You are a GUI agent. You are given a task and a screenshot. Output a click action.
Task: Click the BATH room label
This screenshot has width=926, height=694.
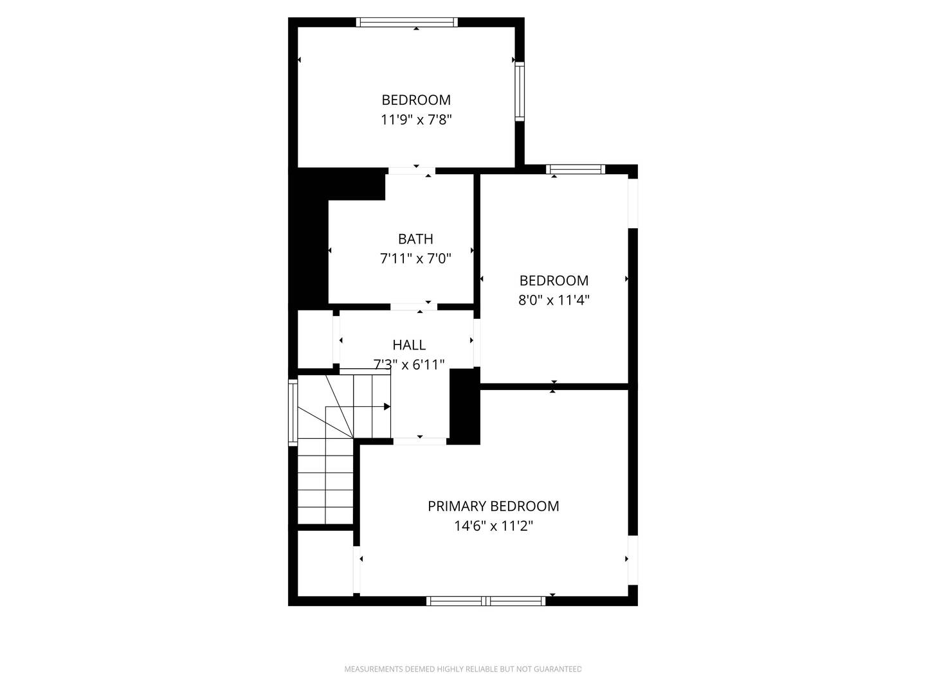[415, 239]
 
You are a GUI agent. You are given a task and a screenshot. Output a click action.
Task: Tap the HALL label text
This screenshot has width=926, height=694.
[409, 345]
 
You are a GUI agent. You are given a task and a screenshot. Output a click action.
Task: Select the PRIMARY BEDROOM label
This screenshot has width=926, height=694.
[493, 506]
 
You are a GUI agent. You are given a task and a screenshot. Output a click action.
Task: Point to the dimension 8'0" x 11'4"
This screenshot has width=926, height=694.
[554, 300]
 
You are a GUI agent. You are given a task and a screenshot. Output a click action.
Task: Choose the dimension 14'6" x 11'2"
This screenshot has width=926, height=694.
[493, 526]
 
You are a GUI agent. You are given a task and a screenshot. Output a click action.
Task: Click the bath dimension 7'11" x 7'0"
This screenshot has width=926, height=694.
[415, 259]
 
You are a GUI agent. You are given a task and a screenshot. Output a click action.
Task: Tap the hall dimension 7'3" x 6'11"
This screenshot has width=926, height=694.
[409, 364]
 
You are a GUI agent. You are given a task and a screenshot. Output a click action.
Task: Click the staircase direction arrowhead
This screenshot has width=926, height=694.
[387, 406]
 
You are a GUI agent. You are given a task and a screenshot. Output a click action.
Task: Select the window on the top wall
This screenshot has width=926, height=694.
[406, 22]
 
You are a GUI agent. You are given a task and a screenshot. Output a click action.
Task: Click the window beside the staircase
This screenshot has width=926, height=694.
[293, 412]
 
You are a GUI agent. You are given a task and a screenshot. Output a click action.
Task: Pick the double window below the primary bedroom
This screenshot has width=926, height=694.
[486, 601]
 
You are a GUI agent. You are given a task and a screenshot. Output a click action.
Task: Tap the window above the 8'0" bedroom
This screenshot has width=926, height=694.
[576, 170]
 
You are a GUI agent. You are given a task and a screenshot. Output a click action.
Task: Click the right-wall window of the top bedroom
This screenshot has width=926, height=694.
[520, 91]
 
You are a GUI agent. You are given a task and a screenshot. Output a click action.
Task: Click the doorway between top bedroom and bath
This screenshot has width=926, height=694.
[412, 170]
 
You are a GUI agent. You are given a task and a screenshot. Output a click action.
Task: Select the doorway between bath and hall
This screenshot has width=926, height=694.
[413, 307]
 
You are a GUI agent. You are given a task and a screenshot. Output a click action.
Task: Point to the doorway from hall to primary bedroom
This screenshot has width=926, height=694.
[420, 441]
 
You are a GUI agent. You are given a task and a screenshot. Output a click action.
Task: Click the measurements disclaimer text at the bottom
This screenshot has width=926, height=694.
[463, 669]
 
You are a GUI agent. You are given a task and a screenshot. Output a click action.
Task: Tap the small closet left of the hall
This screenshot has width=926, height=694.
[314, 339]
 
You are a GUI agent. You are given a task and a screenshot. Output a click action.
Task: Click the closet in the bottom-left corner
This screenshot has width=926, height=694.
[325, 563]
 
